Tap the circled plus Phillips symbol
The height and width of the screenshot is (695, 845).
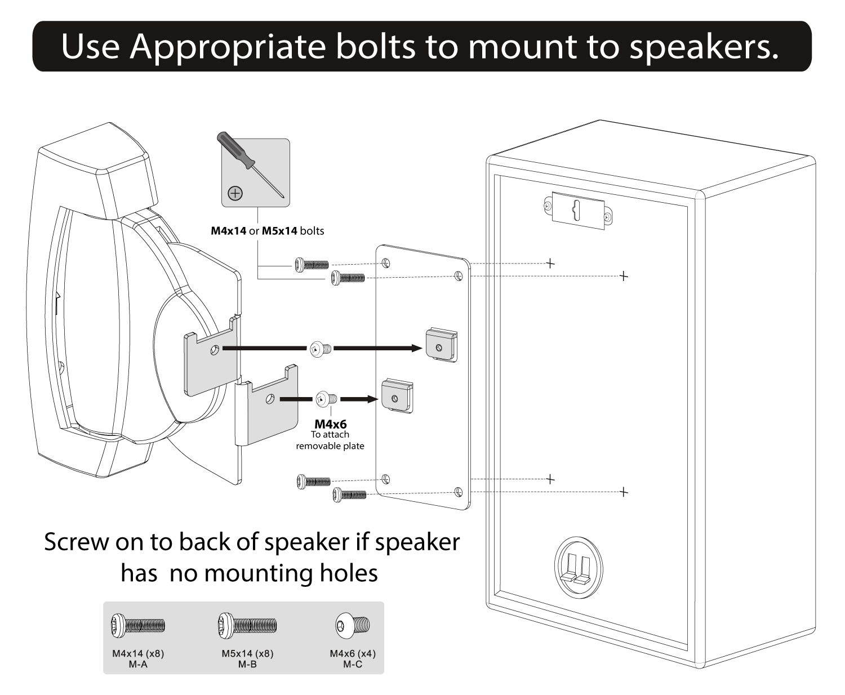pos(235,193)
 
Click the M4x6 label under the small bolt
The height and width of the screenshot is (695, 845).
pos(330,424)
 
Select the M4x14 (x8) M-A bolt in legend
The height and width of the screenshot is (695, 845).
pos(138,625)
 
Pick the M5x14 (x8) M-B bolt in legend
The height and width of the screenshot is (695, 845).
pos(247,625)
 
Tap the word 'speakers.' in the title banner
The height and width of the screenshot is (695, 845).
pos(704,47)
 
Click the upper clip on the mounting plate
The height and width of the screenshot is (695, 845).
pos(441,345)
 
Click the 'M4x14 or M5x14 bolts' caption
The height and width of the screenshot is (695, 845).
pos(268,231)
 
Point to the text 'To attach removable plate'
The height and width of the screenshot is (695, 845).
pos(330,440)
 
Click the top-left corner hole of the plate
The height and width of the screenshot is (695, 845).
pos(386,262)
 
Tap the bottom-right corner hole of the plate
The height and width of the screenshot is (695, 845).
pos(459,492)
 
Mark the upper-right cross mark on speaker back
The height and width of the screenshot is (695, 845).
pos(624,276)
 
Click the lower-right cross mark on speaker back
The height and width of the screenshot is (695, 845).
pos(624,492)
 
